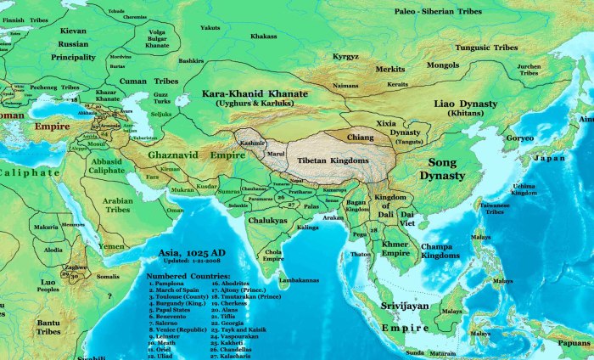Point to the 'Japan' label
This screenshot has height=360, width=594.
[548, 158]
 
